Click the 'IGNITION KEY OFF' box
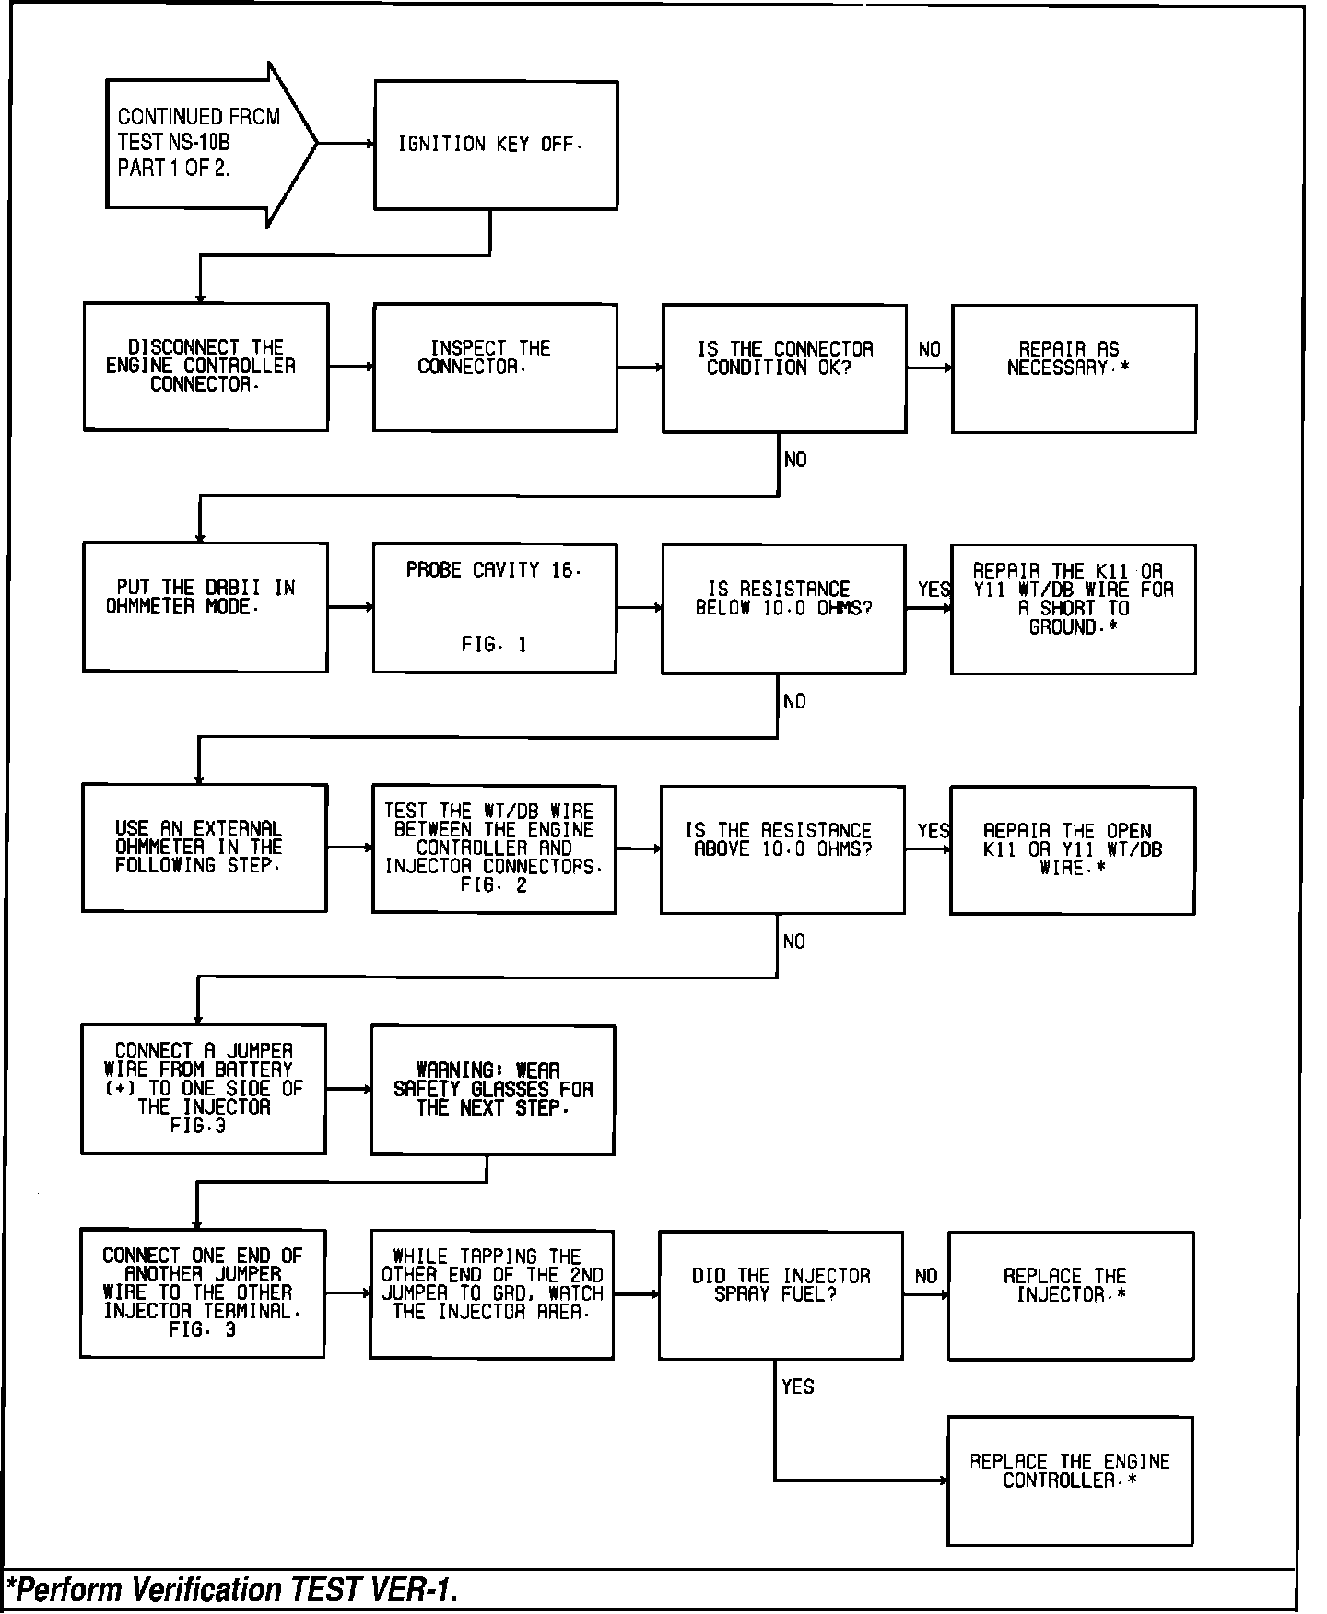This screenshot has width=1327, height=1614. click(x=495, y=145)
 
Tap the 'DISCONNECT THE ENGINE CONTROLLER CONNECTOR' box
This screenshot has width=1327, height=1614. click(x=206, y=367)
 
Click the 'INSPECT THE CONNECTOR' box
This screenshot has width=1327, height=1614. click(x=495, y=367)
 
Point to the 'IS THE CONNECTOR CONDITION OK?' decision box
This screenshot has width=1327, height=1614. click(x=784, y=368)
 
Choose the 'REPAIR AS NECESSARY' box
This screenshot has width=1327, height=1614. click(x=1074, y=368)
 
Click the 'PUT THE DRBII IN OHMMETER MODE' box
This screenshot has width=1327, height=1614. click(x=205, y=607)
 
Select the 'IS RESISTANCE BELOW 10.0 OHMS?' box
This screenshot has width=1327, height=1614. click(x=783, y=608)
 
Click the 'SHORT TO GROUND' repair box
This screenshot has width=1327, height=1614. click(x=1073, y=609)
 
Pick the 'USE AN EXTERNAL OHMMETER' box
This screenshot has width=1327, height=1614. click(x=204, y=848)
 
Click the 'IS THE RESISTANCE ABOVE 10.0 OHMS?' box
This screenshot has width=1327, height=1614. click(x=782, y=848)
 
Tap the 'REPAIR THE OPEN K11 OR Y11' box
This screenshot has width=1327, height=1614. click(x=1072, y=849)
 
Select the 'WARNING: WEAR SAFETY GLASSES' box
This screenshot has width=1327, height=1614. click(x=492, y=1090)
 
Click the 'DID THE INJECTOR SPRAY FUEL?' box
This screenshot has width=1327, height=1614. click(x=781, y=1294)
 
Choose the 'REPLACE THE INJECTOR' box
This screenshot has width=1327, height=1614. click(x=1071, y=1294)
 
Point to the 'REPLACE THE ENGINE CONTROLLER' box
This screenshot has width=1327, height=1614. click(x=1070, y=1480)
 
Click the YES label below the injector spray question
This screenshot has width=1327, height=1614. click(x=798, y=1386)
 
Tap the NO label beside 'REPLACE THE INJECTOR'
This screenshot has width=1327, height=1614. click(x=926, y=1276)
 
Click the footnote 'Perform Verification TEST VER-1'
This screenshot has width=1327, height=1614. click(x=232, y=1590)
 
